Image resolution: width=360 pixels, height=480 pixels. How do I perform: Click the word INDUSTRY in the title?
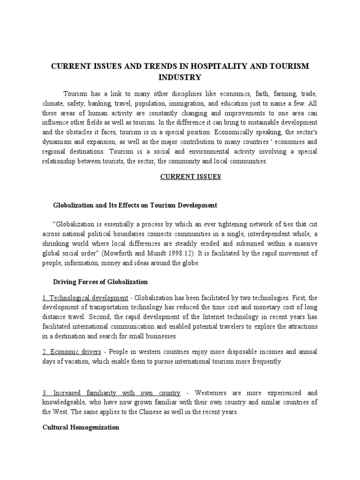pyautogui.click(x=180, y=77)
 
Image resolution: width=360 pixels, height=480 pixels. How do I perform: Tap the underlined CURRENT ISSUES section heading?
pyautogui.click(x=180, y=177)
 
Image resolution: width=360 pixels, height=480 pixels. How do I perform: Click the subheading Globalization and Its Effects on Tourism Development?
pyautogui.click(x=135, y=205)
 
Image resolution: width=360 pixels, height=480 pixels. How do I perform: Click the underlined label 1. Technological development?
pyautogui.click(x=89, y=298)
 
